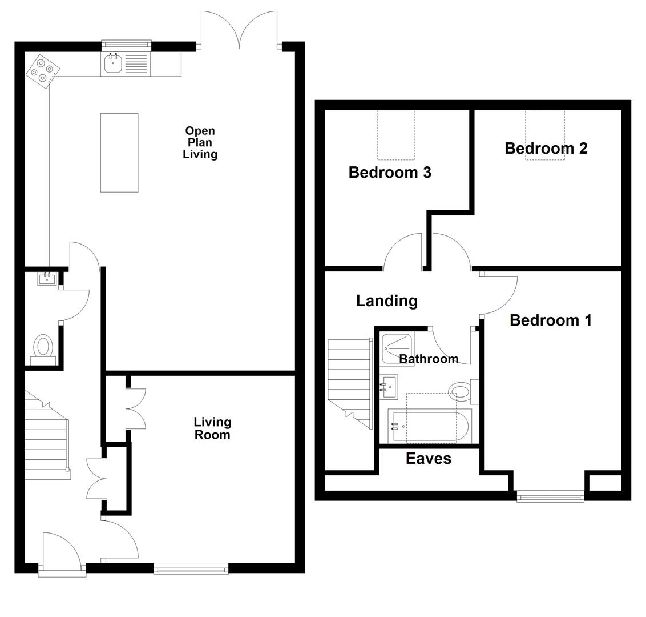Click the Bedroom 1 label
coord(550,320)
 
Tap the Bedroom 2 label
coord(546,149)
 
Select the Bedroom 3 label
coord(389,173)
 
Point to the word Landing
coord(386,301)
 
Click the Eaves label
coord(428,459)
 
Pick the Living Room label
coord(212,428)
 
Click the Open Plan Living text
coord(200,143)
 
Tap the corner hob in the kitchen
coord(43,70)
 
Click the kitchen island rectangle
coord(119,152)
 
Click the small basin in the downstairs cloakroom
coord(47,279)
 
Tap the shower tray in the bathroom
coord(397,349)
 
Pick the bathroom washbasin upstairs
coord(389,387)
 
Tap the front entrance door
coord(62,551)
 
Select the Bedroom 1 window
coord(550,497)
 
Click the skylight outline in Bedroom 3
coord(395,135)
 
